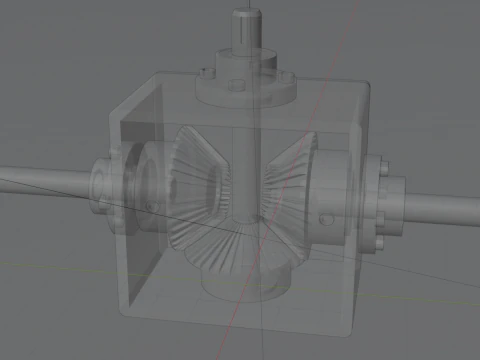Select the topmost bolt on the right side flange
click(381, 159)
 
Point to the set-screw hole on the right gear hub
click(322, 217)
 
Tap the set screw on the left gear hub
click(149, 205)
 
